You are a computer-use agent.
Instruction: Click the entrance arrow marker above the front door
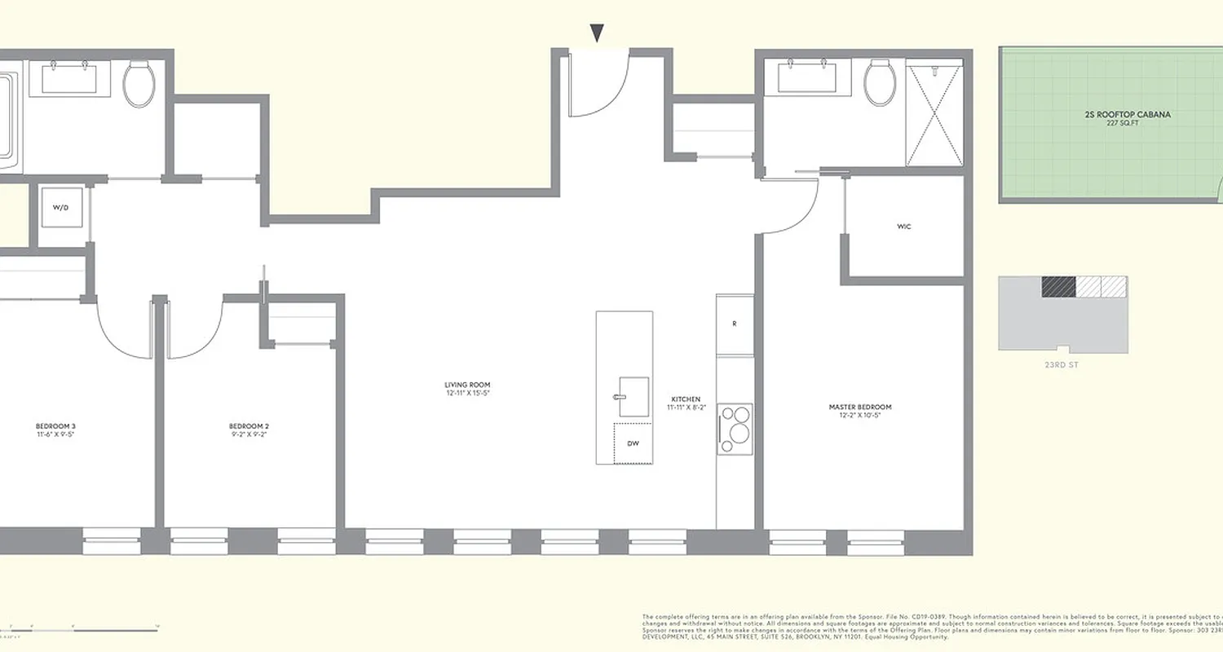coord(597,33)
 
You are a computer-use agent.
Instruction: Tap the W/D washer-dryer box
coord(61,208)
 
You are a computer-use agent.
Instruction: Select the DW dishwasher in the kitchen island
coord(633,443)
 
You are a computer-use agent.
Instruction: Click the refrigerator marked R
coord(735,324)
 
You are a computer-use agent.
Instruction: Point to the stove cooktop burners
coord(735,429)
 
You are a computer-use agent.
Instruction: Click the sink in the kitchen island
coord(633,397)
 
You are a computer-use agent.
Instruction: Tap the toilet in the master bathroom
coord(880,82)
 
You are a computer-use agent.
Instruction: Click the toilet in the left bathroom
coord(139,83)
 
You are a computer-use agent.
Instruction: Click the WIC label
coord(903,227)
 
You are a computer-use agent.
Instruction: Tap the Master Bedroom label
coord(859,407)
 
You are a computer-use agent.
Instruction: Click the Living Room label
coord(467,385)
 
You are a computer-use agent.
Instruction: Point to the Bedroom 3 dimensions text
coord(56,435)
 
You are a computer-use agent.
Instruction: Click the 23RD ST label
coord(1061,365)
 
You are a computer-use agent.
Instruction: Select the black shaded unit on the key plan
coord(1058,287)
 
